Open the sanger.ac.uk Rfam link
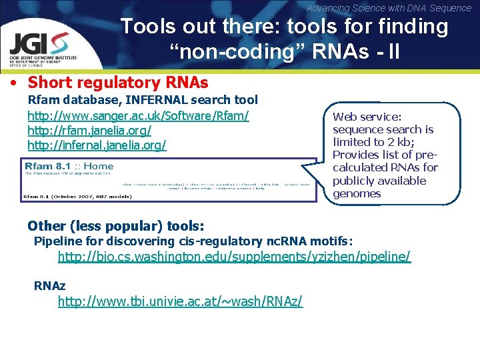click(138, 115)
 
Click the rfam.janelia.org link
click(89, 130)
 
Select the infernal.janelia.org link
click(97, 145)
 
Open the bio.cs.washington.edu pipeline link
click(234, 257)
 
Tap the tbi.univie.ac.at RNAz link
click(180, 302)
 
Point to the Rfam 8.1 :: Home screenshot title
click(68, 165)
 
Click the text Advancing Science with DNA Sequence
click(389, 8)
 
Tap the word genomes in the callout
click(357, 194)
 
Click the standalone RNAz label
click(50, 285)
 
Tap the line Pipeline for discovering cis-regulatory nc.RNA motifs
click(193, 241)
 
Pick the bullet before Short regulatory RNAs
click(13, 83)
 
